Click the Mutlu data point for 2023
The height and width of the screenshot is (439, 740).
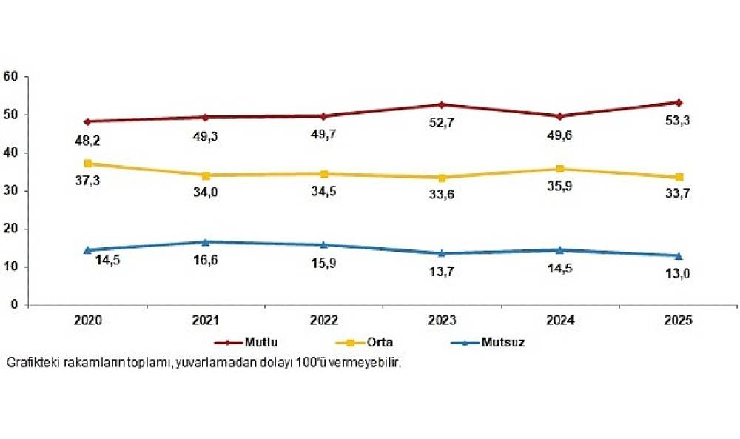[x=442, y=104]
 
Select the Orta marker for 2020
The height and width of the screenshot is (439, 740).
[x=88, y=163]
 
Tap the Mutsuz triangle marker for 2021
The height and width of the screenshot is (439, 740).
[x=206, y=241]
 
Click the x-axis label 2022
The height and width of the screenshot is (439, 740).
[x=324, y=321]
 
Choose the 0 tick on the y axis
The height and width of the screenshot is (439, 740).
[x=15, y=304]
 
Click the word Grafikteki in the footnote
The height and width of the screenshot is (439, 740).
[x=29, y=363]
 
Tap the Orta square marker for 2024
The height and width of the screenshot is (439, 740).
[x=560, y=169]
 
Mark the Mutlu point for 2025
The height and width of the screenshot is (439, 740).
[x=678, y=102]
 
